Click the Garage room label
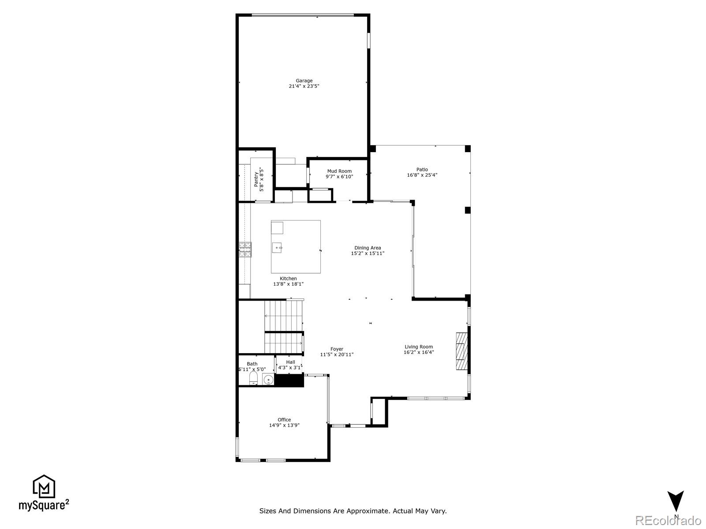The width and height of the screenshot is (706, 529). click(x=304, y=81)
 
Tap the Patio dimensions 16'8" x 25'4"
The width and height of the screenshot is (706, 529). click(x=422, y=175)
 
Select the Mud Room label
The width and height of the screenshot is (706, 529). click(x=339, y=171)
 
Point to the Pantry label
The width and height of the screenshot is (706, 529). click(x=256, y=179)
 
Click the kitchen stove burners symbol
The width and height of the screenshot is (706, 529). click(x=245, y=250)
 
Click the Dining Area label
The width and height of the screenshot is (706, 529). click(x=368, y=248)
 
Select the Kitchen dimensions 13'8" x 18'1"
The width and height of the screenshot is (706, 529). click(x=288, y=284)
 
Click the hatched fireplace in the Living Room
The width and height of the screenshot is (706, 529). click(x=461, y=351)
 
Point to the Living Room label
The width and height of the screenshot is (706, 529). click(x=419, y=347)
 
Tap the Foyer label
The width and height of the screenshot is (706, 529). click(x=337, y=349)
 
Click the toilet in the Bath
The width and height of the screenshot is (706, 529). click(x=253, y=378)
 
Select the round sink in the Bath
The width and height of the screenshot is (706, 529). click(x=268, y=379)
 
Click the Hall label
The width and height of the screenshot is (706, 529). click(x=290, y=362)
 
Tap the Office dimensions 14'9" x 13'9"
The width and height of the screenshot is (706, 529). click(x=284, y=425)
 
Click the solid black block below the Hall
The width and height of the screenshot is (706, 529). click(x=289, y=380)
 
